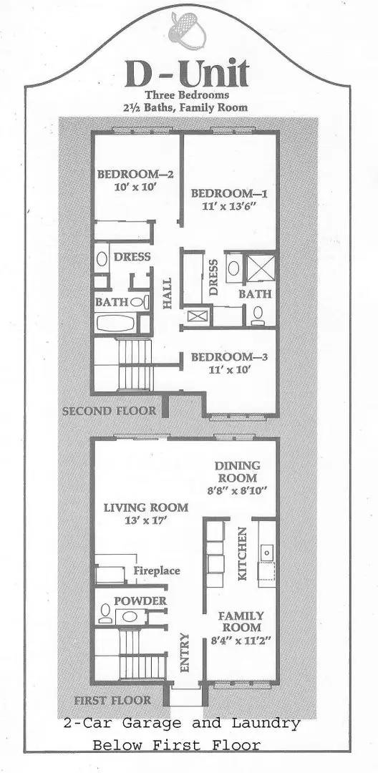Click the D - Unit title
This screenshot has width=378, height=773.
(188, 74)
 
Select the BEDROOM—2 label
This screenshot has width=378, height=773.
(126, 174)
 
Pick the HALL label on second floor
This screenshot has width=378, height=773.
(168, 293)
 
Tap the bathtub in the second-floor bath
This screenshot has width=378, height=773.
(119, 323)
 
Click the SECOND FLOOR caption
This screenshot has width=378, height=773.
(109, 412)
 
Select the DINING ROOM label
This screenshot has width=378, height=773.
(238, 472)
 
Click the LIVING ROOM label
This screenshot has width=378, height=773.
(145, 507)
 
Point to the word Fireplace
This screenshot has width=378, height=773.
(156, 571)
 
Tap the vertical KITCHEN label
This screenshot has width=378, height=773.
(242, 554)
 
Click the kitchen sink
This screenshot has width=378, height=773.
(267, 553)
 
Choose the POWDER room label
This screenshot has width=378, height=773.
(140, 601)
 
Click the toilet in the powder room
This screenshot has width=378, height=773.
(106, 613)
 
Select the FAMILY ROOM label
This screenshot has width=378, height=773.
(241, 621)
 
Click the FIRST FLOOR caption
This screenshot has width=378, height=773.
(112, 700)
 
